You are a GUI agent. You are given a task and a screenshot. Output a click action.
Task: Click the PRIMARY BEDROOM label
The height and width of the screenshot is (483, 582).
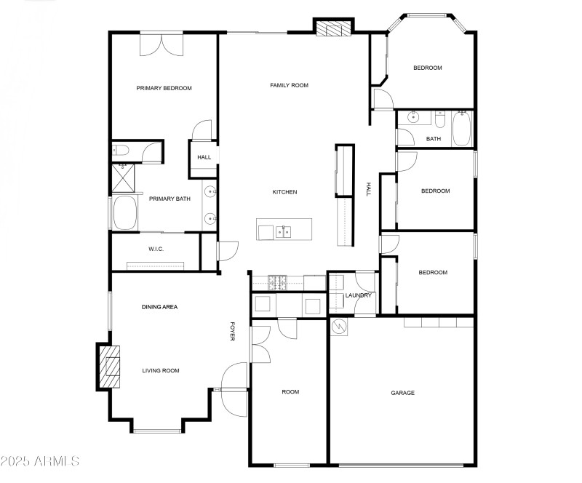coord(164,89)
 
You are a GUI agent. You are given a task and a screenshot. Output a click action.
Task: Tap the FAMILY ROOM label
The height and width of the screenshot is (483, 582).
coord(289,85)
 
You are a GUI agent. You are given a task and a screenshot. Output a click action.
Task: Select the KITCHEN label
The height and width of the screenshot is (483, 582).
coord(284,192)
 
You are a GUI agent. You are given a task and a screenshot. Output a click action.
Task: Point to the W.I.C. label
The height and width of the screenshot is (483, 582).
coord(156,250)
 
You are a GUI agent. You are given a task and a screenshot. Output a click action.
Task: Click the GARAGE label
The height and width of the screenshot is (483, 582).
coord(402,393)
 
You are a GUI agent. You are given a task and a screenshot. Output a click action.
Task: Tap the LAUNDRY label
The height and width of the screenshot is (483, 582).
coord(358,295)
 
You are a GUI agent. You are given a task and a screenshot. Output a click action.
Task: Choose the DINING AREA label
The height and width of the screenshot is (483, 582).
coord(159,307)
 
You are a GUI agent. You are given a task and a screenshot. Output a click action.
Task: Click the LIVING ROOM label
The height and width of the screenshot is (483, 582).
coord(160,371)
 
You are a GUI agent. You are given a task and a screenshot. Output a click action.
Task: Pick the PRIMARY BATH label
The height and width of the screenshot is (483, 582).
coord(170,199)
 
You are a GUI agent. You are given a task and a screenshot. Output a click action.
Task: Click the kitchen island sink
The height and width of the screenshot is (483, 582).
coord(284,231)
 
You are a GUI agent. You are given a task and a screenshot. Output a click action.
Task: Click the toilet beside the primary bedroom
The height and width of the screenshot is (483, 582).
coord(121,151)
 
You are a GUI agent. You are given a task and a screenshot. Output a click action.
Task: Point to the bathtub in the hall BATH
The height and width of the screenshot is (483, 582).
coord(462,129)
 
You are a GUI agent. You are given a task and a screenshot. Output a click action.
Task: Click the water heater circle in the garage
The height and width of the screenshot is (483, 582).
coord(339,327)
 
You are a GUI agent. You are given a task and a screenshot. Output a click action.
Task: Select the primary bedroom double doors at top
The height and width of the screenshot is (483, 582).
coord(162,44)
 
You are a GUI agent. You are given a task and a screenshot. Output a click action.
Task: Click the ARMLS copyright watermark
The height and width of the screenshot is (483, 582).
coord(40,461)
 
